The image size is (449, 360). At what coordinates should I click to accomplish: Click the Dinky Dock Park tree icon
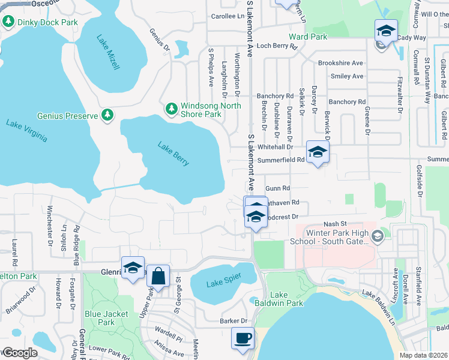[x=8, y=22]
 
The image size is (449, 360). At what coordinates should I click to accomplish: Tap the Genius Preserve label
[x=65, y=114]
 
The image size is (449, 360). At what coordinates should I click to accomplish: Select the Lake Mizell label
[x=109, y=52]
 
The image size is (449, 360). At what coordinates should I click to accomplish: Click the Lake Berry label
[x=173, y=153]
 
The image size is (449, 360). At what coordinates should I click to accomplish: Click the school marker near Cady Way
[x=386, y=30]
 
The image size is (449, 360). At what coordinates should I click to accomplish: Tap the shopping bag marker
[x=158, y=277]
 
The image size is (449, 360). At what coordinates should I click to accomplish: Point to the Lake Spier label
[x=223, y=277]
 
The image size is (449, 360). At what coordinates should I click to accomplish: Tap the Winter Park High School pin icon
[x=376, y=237]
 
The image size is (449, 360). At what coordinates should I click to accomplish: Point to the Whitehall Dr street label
[x=274, y=147]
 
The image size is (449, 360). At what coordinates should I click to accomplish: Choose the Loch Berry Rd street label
[x=277, y=46]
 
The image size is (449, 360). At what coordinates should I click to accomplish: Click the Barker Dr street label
[x=234, y=321]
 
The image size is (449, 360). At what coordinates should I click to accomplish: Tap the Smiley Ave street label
[x=347, y=76]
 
